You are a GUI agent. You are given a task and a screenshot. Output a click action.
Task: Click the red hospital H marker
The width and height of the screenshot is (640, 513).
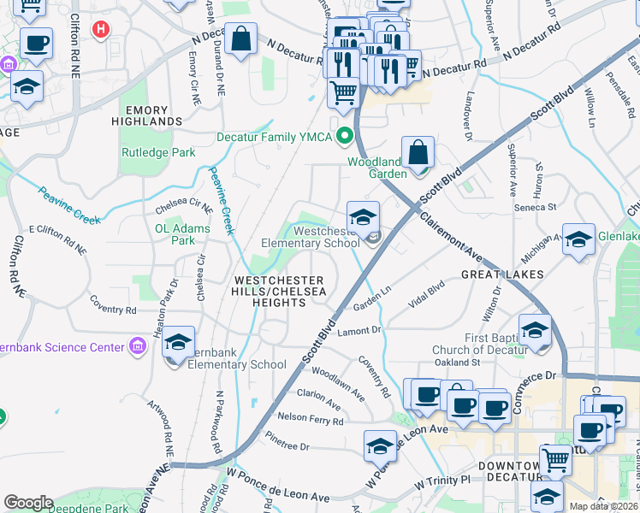click(x=101, y=31)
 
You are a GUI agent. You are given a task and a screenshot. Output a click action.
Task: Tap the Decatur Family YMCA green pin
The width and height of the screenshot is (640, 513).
click(x=345, y=135)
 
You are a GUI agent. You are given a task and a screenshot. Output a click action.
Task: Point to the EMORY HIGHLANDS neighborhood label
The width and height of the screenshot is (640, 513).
click(x=153, y=115)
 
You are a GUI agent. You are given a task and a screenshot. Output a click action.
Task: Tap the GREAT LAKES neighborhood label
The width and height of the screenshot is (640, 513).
click(x=502, y=274)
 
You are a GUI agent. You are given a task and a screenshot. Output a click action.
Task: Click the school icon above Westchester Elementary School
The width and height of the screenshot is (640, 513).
click(x=363, y=217)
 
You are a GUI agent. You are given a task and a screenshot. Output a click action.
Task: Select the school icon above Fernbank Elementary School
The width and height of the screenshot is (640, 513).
click(x=178, y=342)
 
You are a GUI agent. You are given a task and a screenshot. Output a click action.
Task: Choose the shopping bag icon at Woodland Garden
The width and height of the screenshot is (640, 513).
click(x=418, y=153)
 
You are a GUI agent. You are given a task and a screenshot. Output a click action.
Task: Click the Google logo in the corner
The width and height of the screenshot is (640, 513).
click(x=28, y=502)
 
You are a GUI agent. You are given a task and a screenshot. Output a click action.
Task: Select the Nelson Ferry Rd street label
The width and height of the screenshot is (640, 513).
click(x=310, y=420)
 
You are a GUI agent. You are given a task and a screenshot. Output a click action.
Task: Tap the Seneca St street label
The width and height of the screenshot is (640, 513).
click(x=535, y=207)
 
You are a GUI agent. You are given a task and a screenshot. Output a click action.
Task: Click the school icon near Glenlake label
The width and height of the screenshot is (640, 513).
click(x=578, y=239)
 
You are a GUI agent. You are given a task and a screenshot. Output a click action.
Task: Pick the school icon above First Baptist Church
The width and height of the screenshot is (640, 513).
click(x=535, y=330)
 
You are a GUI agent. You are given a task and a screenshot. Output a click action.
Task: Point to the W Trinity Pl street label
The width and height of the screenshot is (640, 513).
click(x=443, y=482)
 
